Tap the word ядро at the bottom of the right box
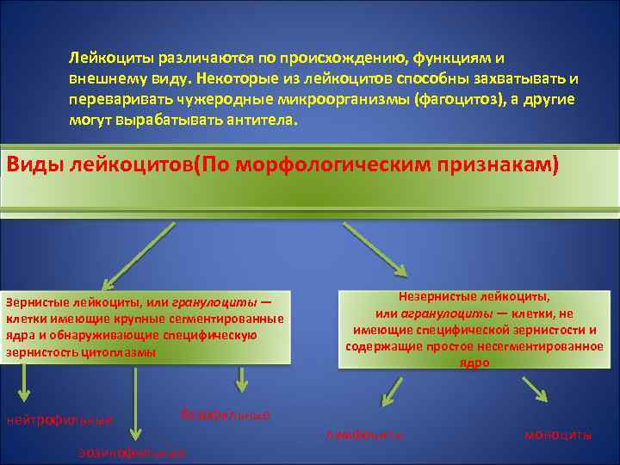(474, 363)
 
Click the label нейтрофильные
(59, 420)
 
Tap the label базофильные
(226, 415)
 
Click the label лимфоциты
(364, 435)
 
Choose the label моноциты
(558, 435)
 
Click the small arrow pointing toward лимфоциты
(393, 393)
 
